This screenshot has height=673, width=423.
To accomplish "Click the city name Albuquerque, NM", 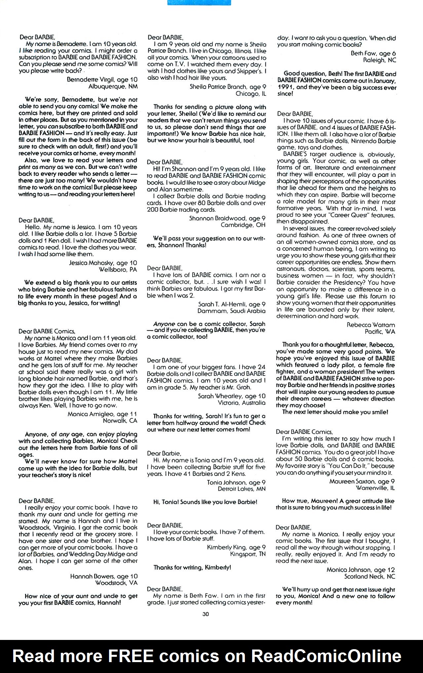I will [x=113, y=86].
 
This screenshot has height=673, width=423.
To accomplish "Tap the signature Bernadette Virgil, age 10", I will [x=102, y=80].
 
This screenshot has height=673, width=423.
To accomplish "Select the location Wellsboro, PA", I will [x=118, y=270].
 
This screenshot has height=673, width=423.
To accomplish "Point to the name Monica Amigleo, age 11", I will [x=102, y=414].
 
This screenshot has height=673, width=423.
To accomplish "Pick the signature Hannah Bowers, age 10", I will [x=104, y=576].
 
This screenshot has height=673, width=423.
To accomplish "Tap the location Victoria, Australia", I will [x=242, y=402].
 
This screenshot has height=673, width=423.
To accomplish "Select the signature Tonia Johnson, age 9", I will [x=236, y=482].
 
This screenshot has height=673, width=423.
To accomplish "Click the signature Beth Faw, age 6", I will [x=373, y=54].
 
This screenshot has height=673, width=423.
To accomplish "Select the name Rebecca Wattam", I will [x=370, y=325].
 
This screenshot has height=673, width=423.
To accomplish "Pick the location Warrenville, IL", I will [x=375, y=488].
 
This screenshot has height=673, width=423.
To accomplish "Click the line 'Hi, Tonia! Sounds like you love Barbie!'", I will [x=205, y=502].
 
